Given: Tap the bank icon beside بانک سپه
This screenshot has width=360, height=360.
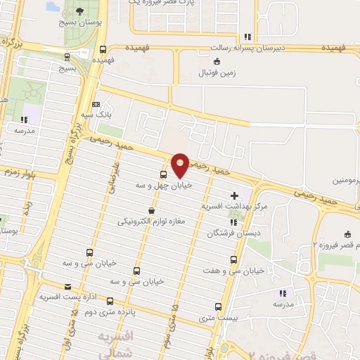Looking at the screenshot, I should point(96,104).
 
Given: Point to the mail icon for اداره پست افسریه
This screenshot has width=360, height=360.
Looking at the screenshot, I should point(67,286).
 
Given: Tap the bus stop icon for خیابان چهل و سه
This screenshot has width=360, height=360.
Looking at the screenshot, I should point(164,174).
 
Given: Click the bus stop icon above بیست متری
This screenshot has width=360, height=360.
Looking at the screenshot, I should point(218,307).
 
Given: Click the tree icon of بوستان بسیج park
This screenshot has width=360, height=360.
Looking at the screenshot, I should point(78,11).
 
